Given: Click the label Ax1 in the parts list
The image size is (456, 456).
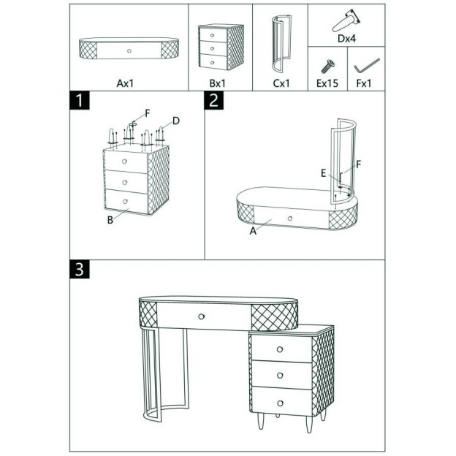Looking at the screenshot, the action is (x=125, y=83).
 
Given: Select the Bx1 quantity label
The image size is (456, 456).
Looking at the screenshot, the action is (x=217, y=83).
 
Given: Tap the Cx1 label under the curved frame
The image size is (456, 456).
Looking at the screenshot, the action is (x=281, y=83).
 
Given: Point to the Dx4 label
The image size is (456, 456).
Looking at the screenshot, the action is (x=346, y=39).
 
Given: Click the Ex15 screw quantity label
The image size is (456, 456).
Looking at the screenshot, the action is (x=327, y=83).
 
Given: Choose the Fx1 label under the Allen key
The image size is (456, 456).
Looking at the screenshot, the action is (x=364, y=83).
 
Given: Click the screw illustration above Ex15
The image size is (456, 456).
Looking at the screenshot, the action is (x=327, y=66).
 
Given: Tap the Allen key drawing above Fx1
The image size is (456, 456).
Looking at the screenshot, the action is (x=367, y=66).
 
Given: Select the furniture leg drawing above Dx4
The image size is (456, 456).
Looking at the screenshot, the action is (x=346, y=20).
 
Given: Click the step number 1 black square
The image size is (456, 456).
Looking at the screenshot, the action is (x=80, y=100).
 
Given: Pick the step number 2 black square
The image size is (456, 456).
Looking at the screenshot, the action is (x=213, y=100).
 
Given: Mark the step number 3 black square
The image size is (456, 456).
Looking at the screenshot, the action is (x=80, y=269).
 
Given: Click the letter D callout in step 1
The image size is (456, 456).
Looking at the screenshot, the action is (x=176, y=121).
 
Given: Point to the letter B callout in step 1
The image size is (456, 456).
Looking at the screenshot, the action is (x=110, y=220).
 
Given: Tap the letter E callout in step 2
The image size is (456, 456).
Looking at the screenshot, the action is (x=324, y=173).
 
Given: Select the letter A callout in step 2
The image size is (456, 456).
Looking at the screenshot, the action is (x=253, y=231).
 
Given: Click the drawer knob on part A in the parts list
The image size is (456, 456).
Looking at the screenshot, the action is (x=129, y=51).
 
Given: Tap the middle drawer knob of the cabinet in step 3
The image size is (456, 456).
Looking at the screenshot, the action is (x=280, y=376).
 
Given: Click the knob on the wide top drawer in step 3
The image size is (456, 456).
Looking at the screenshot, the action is (x=201, y=316).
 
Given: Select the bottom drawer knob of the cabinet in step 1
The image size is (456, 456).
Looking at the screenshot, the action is (x=125, y=201).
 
